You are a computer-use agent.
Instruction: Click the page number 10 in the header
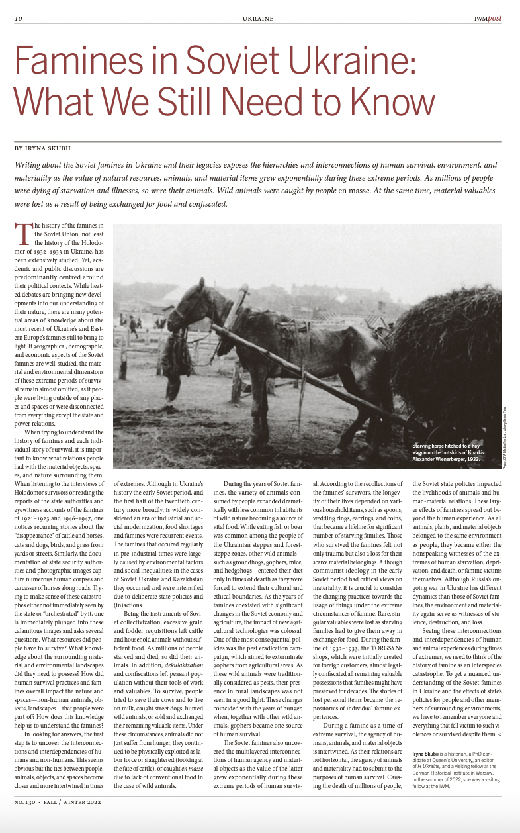point(19,19)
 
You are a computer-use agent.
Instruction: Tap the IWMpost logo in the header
point(488,19)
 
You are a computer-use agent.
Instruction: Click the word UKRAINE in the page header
point(258,19)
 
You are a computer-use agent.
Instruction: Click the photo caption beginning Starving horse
point(450,452)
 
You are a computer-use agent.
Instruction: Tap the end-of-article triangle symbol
point(499,734)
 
